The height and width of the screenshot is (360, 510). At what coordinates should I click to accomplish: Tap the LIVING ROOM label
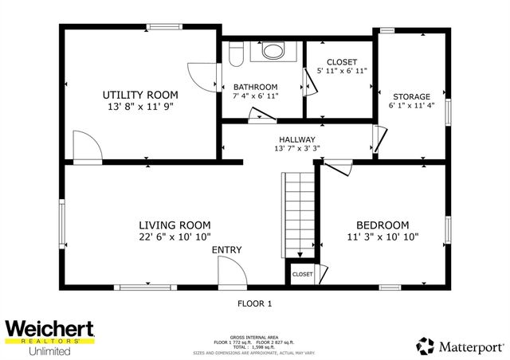pyautogui.click(x=174, y=225)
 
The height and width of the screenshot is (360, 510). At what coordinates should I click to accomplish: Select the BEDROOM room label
pyautogui.click(x=382, y=225)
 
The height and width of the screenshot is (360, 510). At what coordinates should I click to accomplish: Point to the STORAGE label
pyautogui.click(x=410, y=96)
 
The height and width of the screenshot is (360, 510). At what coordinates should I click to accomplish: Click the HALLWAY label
pyautogui.click(x=296, y=139)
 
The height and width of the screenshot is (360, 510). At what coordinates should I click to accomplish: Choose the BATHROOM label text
pyautogui.click(x=255, y=87)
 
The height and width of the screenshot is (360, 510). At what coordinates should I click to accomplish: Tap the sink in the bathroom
pyautogui.click(x=273, y=53)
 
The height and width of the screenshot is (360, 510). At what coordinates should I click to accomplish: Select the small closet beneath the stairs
pyautogui.click(x=302, y=274)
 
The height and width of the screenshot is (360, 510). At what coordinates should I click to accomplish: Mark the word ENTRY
pyautogui.click(x=226, y=250)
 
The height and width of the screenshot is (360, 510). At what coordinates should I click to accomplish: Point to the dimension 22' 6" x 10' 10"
pyautogui.click(x=174, y=237)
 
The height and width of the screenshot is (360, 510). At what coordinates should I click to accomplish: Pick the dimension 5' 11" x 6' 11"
pyautogui.click(x=341, y=72)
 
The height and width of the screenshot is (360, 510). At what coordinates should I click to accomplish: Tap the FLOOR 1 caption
pyautogui.click(x=255, y=303)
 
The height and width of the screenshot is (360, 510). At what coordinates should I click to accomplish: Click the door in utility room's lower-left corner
pyautogui.click(x=86, y=147)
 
